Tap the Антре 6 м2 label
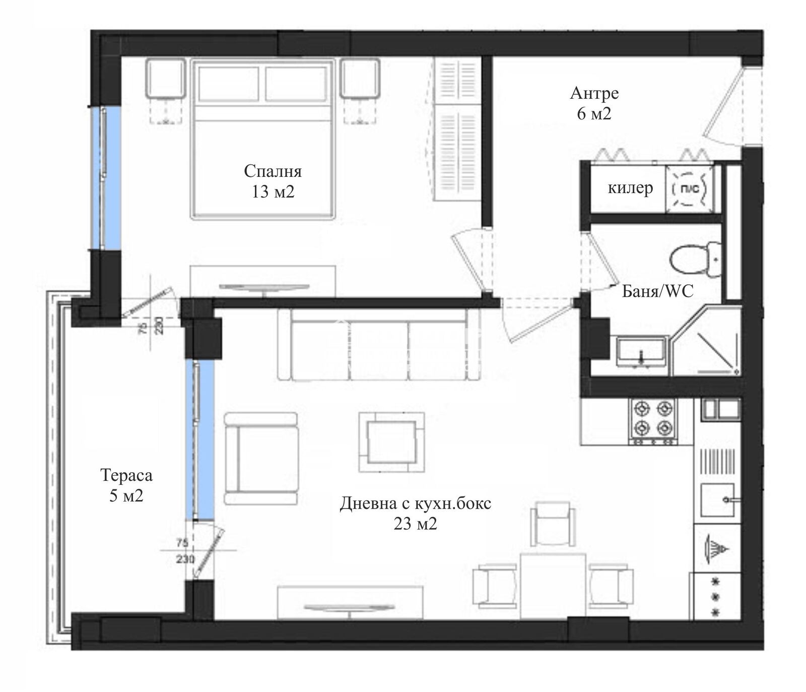pyautogui.click(x=594, y=103)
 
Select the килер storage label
pyautogui.click(x=630, y=188)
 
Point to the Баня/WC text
pyautogui.click(x=657, y=291)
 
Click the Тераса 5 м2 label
pyautogui.click(x=126, y=485)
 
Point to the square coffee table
pyautogui.click(x=391, y=442)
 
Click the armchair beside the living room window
pyautogui.click(x=261, y=458)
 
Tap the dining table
pyautogui.click(x=553, y=585)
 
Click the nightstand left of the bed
pyautogui.click(x=165, y=78)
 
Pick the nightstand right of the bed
pyautogui.click(x=359, y=78)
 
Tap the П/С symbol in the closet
pyautogui.click(x=689, y=188)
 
